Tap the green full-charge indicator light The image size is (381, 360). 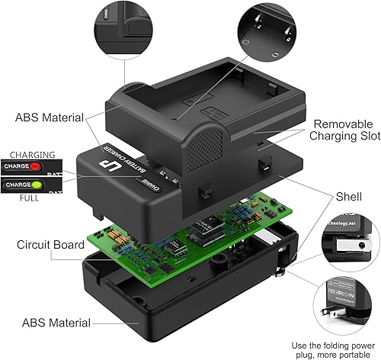point(56,185)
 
